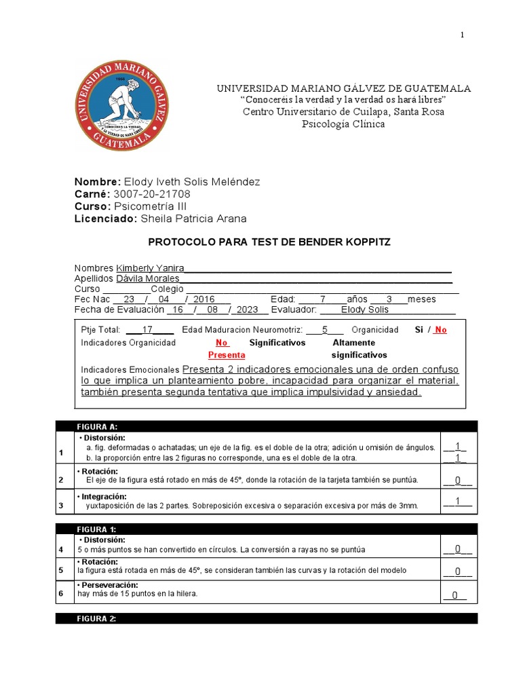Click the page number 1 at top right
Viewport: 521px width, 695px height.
(x=463, y=36)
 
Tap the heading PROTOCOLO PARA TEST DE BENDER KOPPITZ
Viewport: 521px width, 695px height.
(x=269, y=242)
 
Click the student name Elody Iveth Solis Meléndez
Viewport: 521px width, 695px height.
(x=191, y=182)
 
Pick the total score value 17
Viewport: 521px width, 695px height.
(x=147, y=330)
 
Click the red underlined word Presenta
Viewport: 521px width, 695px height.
(x=227, y=355)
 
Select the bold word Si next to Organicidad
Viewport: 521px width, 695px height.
(x=419, y=330)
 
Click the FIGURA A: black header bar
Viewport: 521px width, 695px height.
(x=266, y=426)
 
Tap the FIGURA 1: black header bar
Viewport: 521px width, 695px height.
(x=266, y=529)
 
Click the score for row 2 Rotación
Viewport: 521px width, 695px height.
(x=458, y=481)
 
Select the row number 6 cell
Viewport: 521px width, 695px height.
(x=61, y=593)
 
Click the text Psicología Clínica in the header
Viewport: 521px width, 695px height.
(x=343, y=124)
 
